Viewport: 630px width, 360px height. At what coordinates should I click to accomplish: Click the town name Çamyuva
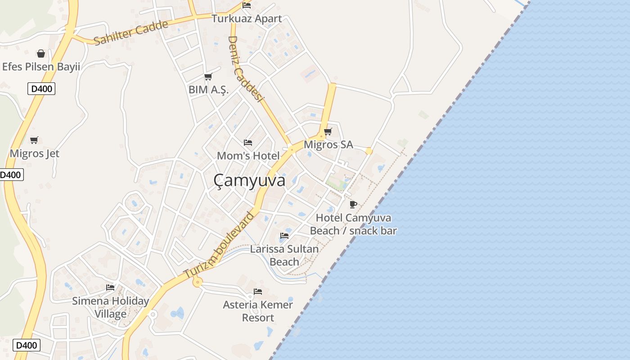249,180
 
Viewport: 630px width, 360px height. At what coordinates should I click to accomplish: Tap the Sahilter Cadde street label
131,33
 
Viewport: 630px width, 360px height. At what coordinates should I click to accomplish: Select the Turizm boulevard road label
219,245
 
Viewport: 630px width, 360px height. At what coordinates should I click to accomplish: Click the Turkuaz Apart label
247,19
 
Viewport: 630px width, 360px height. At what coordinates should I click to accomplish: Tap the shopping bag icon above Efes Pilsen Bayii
41,54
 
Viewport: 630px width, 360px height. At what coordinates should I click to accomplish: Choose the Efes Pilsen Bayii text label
41,67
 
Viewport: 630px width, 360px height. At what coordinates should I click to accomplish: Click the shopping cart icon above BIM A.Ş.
208,77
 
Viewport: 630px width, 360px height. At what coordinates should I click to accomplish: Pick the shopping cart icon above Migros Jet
34,140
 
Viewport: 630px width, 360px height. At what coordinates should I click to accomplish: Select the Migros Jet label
35,153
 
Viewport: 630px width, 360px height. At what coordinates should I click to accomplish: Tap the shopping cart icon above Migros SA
328,131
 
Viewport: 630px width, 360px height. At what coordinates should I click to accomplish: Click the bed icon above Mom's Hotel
248,143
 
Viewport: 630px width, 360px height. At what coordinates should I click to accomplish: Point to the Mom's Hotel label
248,156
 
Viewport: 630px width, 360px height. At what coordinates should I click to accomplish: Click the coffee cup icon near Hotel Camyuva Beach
353,205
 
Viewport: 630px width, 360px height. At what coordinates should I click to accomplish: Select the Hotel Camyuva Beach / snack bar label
353,224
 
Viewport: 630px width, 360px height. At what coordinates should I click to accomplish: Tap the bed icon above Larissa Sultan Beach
284,235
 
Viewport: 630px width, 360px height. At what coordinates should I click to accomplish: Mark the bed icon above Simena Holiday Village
110,287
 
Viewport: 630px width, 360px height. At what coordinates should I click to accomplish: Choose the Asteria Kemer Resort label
258,311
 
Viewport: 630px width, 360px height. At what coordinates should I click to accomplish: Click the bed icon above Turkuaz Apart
247,5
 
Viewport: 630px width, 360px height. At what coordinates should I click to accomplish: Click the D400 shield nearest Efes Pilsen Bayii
41,89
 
